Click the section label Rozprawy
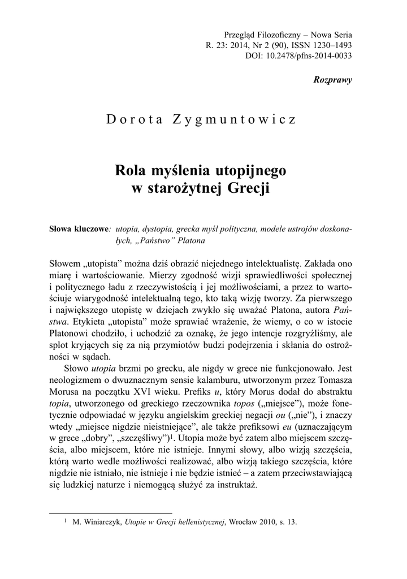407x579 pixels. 332,80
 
